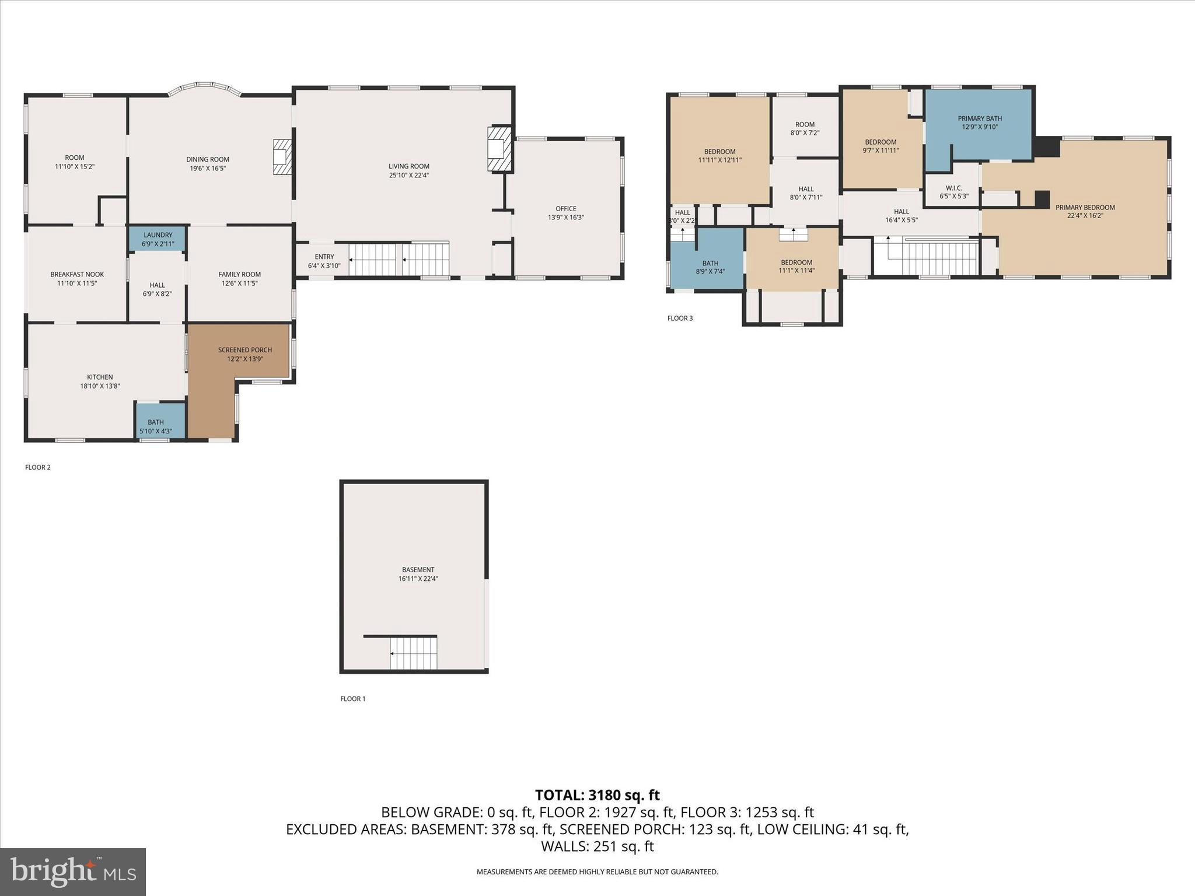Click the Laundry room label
pos(158,235)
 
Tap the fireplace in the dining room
pos(282,157)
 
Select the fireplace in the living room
pos(499,149)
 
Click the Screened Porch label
pos(245,350)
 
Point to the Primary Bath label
pos(980,118)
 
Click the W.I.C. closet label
pos(953,188)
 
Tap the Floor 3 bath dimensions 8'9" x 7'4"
pos(710,272)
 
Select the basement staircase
pos(413,653)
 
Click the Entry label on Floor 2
pos(324,257)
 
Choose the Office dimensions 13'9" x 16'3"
pos(565,218)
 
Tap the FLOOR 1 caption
pos(353,699)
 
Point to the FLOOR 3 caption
pos(680,318)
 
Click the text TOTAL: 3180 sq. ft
pos(597,795)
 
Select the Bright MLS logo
pos(73,871)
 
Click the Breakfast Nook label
pos(77,274)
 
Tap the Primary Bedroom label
pos(1085,207)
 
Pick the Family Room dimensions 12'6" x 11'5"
pos(239,283)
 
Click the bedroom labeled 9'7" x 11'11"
pos(880,146)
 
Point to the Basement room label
pos(418,570)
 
